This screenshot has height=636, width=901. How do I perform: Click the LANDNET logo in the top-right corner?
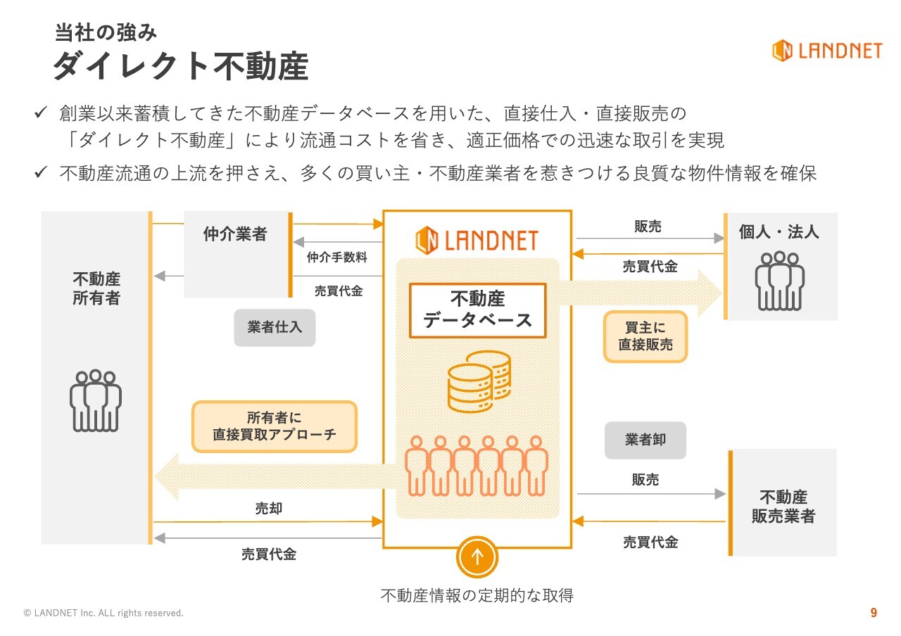(x=826, y=51)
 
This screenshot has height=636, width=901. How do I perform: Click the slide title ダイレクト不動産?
(x=181, y=67)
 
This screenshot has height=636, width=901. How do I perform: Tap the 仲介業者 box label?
(x=235, y=234)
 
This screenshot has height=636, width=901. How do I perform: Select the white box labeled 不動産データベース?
(x=477, y=310)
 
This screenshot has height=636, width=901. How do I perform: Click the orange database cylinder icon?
(x=479, y=381)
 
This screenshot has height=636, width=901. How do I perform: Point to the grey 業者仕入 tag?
(x=275, y=328)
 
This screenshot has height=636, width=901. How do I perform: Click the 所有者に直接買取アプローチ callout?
(x=275, y=426)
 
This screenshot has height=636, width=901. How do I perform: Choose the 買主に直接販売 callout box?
(x=645, y=336)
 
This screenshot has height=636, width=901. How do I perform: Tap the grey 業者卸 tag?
(x=645, y=440)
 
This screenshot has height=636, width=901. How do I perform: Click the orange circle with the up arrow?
(x=477, y=556)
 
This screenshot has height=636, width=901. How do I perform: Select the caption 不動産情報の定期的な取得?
(x=477, y=596)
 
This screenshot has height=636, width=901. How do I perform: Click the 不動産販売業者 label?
(x=783, y=507)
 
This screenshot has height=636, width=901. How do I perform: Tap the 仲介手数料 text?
(x=337, y=257)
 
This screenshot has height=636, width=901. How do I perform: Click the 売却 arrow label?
(x=269, y=508)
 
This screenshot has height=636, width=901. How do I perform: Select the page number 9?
(x=874, y=613)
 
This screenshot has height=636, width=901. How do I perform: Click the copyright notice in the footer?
(x=103, y=613)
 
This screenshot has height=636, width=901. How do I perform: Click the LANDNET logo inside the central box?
(x=477, y=241)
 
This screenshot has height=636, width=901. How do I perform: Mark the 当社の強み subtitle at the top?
(x=106, y=32)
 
